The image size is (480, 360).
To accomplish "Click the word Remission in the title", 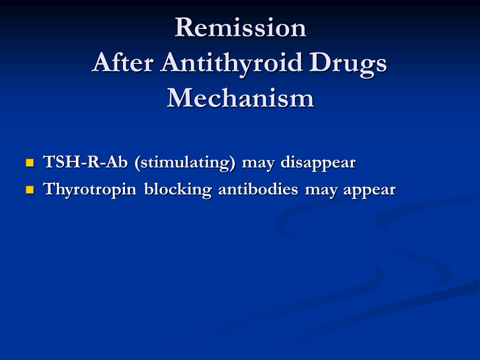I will [240, 28].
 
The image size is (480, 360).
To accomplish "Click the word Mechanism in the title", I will [240, 98].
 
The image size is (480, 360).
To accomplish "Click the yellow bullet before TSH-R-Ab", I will [30, 163].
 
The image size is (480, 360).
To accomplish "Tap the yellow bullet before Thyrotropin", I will [30, 190].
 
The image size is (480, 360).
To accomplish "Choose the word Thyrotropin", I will [91, 190].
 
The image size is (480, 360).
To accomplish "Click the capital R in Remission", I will [184, 28].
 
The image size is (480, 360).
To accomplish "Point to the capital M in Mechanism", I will [180, 98].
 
